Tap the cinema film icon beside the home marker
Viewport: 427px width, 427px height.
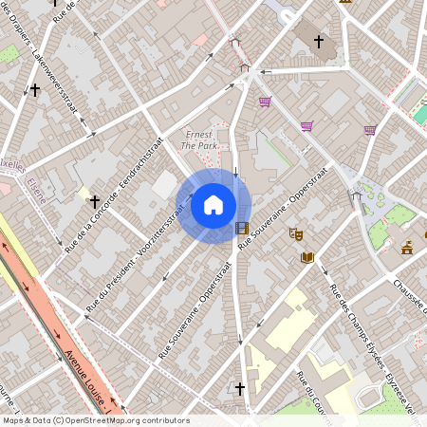pos(242,228)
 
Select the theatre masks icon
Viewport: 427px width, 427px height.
pos(295,232)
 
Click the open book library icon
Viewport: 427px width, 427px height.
pos(306,256)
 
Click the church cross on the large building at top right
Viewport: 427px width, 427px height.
pos(319,42)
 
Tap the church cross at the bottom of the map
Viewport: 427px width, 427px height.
pos(240,388)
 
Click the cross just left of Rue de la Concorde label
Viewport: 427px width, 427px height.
pos(95,201)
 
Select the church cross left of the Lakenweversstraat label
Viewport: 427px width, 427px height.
pos(35,90)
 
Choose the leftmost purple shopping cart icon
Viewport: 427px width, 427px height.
pos(265,102)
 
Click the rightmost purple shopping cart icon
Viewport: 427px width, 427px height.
pos(369,130)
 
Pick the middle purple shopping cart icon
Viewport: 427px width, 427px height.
pos(306,125)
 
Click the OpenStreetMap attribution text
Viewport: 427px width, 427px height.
pos(95,420)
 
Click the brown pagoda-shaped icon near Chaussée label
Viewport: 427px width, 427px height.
pos(407,248)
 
